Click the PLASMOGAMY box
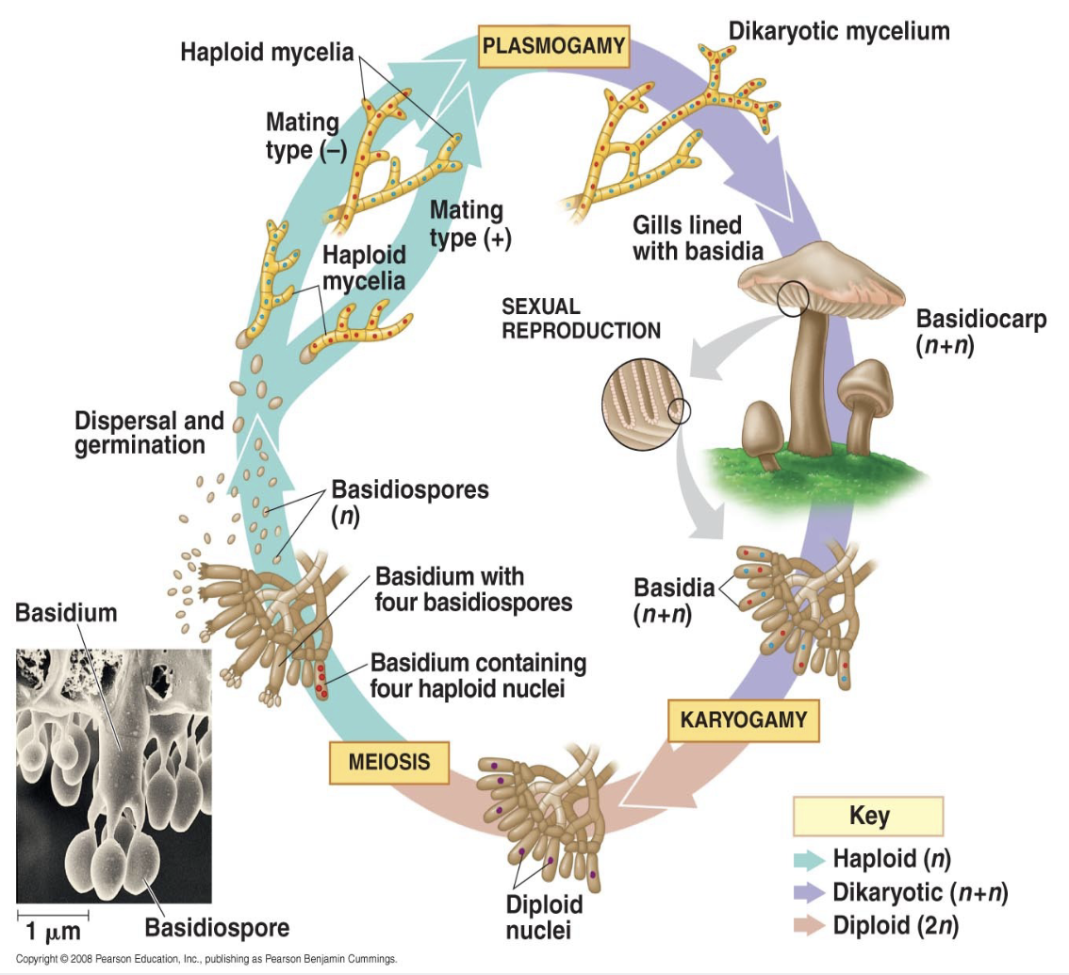[553, 46]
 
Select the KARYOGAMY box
[743, 720]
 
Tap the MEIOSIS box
[389, 762]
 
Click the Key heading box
[868, 816]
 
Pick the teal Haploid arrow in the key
[809, 859]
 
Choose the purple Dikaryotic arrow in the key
[809, 893]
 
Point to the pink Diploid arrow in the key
[809, 926]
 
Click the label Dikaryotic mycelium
[839, 31]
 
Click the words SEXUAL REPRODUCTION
[581, 319]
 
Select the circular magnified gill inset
[642, 405]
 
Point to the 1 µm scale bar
[53, 915]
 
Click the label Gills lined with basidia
[698, 238]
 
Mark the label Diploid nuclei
[544, 917]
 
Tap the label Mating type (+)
[470, 224]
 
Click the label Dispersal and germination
[149, 433]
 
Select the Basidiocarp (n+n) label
[981, 332]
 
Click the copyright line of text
[206, 959]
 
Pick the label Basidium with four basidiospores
[474, 589]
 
